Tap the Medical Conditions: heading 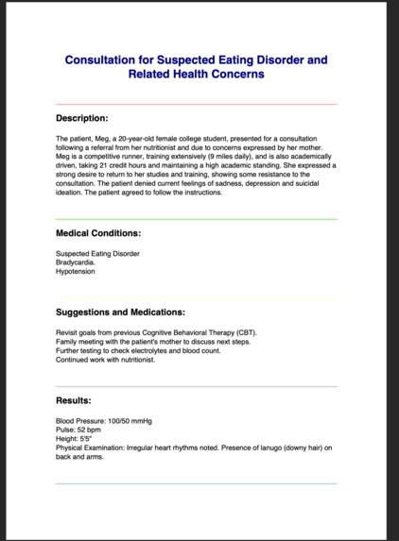coord(98,232)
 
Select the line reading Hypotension coord(76,272)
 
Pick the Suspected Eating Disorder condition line coord(97,253)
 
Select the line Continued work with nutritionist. coord(104,360)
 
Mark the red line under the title coord(196,104)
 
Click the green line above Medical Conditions coord(196,219)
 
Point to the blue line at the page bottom coord(196,483)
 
